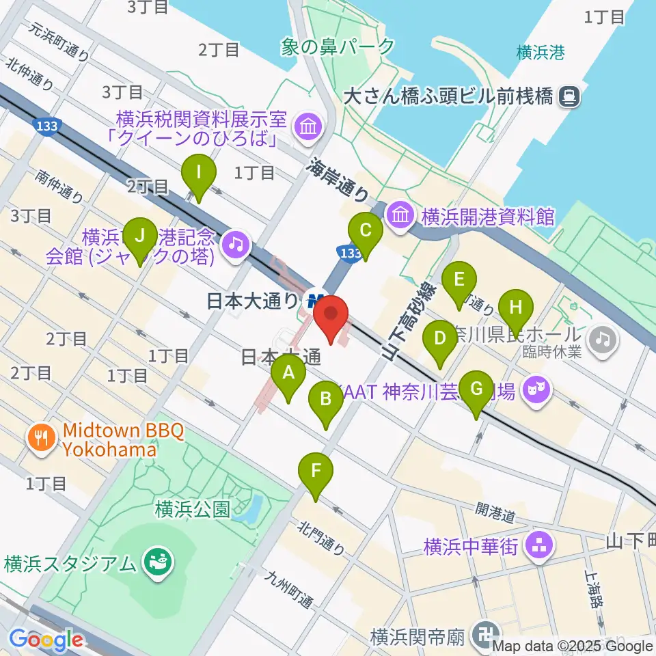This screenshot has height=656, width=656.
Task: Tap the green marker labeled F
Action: pyautogui.click(x=316, y=471)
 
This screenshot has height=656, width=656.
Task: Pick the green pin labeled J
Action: pyautogui.click(x=140, y=236)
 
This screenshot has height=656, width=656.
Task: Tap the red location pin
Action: pyautogui.click(x=331, y=316)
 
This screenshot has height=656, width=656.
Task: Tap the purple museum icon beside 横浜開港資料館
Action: pyautogui.click(x=400, y=216)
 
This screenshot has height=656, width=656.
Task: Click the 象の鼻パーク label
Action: pyautogui.click(x=338, y=46)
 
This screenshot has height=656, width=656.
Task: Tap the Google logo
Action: pyautogui.click(x=46, y=640)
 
